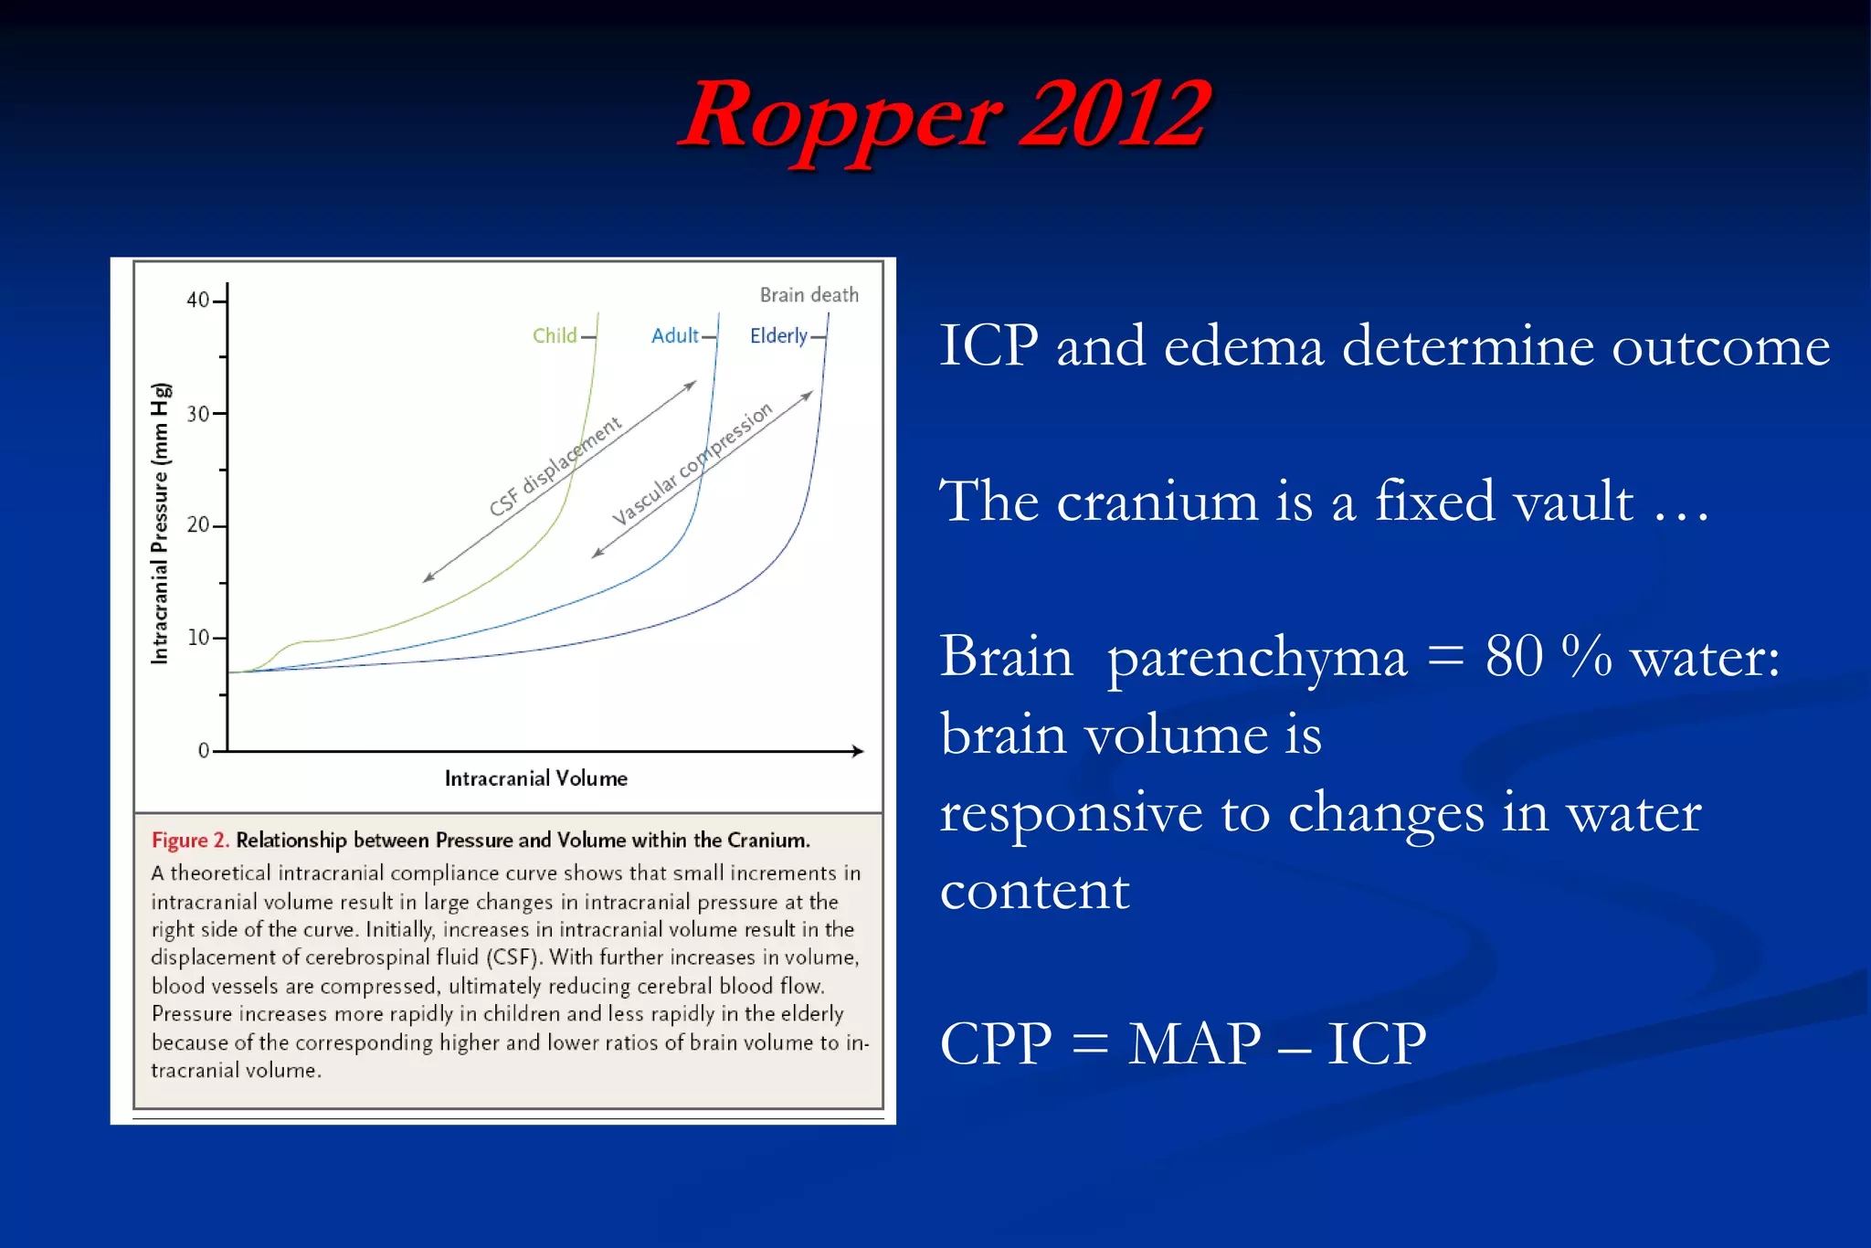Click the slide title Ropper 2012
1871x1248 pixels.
[946, 116]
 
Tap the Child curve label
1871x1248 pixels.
[555, 335]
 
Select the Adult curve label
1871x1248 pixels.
[674, 335]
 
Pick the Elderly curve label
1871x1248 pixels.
[778, 336]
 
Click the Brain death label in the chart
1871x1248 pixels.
[809, 295]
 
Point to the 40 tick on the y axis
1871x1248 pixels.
[198, 301]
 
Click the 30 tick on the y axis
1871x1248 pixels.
[198, 414]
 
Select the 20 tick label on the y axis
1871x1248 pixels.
[198, 525]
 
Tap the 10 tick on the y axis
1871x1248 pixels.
[198, 638]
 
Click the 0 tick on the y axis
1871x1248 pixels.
[204, 751]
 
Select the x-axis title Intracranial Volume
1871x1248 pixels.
[535, 778]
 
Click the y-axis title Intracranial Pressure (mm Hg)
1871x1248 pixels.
[160, 523]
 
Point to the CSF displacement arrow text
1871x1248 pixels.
[555, 466]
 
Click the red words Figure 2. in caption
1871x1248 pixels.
[190, 840]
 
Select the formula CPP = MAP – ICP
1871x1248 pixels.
[1182, 1043]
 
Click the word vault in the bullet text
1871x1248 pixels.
[1572, 502]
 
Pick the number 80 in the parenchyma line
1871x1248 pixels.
[1514, 656]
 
